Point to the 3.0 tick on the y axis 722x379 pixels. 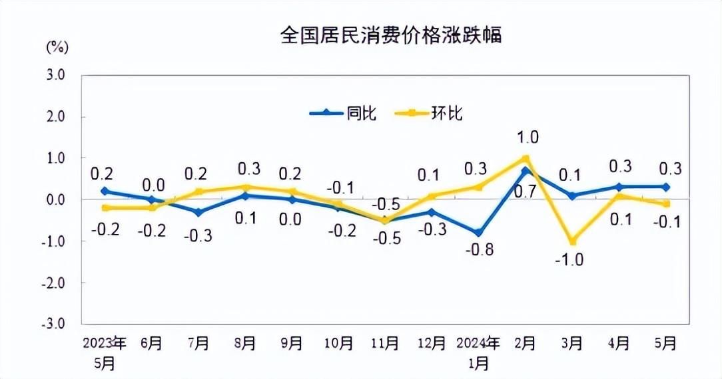coord(55,75)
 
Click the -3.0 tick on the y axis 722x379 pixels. coord(55,324)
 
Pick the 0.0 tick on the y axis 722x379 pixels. coord(55,199)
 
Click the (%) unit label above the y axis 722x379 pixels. coord(57,47)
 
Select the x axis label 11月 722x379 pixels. coord(385,344)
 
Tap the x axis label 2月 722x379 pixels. coord(525,344)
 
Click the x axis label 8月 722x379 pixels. coord(245,344)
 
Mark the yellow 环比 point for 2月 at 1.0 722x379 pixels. coord(526,158)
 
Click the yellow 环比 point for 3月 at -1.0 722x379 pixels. coord(572,241)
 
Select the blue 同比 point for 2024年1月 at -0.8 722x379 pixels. coord(479,233)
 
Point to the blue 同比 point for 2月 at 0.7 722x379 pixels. coord(526,171)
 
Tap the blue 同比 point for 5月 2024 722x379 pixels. coord(665,187)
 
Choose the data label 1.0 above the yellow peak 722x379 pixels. coord(528,138)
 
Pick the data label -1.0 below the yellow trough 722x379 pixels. coord(569,260)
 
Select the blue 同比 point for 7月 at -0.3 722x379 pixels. coord(198,212)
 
